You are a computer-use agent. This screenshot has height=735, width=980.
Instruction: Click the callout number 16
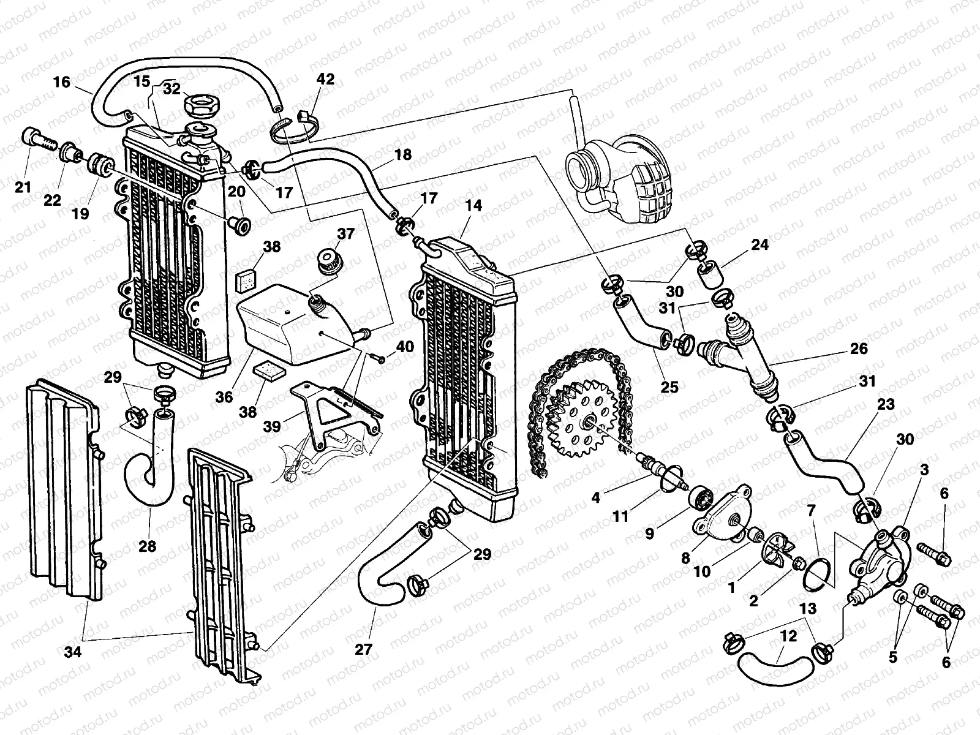pyautogui.click(x=62, y=81)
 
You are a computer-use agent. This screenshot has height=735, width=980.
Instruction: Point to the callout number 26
pyautogui.click(x=859, y=349)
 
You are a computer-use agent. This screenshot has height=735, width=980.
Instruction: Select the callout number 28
pyautogui.click(x=147, y=546)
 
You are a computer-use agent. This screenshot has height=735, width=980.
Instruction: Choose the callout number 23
pyautogui.click(x=885, y=405)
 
